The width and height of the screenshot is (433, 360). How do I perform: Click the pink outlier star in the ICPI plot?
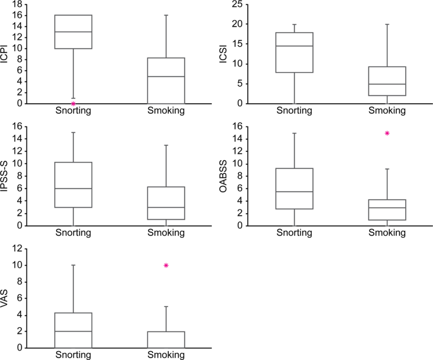tap(73, 103)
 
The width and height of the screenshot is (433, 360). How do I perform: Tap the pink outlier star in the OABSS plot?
tap(387, 133)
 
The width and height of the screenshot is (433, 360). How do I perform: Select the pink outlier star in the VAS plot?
tap(166, 265)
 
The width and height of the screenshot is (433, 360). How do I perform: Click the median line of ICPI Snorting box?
tap(73, 32)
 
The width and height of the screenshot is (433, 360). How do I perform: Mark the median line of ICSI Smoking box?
tap(387, 84)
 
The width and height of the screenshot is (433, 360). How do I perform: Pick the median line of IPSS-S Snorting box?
tap(73, 189)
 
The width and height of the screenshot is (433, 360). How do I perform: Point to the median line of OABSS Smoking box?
tap(387, 208)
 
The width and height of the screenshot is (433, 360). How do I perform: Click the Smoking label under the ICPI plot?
tap(166, 111)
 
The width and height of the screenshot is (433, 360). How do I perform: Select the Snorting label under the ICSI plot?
tap(294, 111)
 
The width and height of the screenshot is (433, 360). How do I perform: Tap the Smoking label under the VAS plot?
tap(166, 355)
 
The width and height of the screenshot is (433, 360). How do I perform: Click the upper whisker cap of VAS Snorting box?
tap(73, 265)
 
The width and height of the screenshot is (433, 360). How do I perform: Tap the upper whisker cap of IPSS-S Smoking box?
tap(166, 145)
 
